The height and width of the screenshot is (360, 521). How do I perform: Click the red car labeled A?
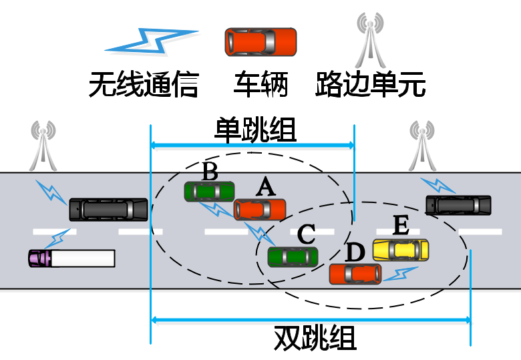click(260, 210)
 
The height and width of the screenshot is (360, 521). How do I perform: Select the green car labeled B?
click(209, 191)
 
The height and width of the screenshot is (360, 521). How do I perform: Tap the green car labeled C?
click(293, 257)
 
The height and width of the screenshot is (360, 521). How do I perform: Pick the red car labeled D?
click(355, 273)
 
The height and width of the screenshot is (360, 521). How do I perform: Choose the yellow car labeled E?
click(401, 250)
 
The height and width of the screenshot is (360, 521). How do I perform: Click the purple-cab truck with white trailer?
click(71, 258)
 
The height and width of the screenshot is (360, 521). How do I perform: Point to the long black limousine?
click(109, 210)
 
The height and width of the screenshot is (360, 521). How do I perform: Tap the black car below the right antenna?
click(458, 205)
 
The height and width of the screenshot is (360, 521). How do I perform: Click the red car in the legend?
click(260, 42)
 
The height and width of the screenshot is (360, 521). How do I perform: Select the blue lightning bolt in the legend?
click(152, 41)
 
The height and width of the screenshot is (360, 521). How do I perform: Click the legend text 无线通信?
click(144, 86)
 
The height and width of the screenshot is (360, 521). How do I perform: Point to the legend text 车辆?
click(260, 86)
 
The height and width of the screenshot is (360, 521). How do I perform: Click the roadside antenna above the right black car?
click(422, 146)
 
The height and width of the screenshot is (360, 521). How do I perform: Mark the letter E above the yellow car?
click(400, 226)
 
